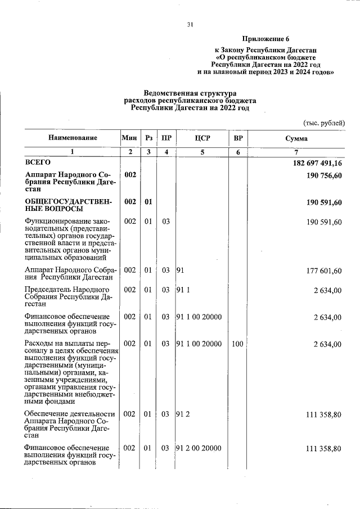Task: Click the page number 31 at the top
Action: tap(190, 24)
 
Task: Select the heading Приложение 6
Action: tap(265, 39)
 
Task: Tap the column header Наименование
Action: tap(73, 138)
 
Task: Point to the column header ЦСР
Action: tap(202, 138)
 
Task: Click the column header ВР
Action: tap(238, 138)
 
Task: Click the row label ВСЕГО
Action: tap(38, 163)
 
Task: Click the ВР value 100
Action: tap(237, 344)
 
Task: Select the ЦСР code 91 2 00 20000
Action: tap(199, 448)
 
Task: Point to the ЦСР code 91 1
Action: tap(183, 290)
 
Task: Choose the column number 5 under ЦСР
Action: tap(202, 152)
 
